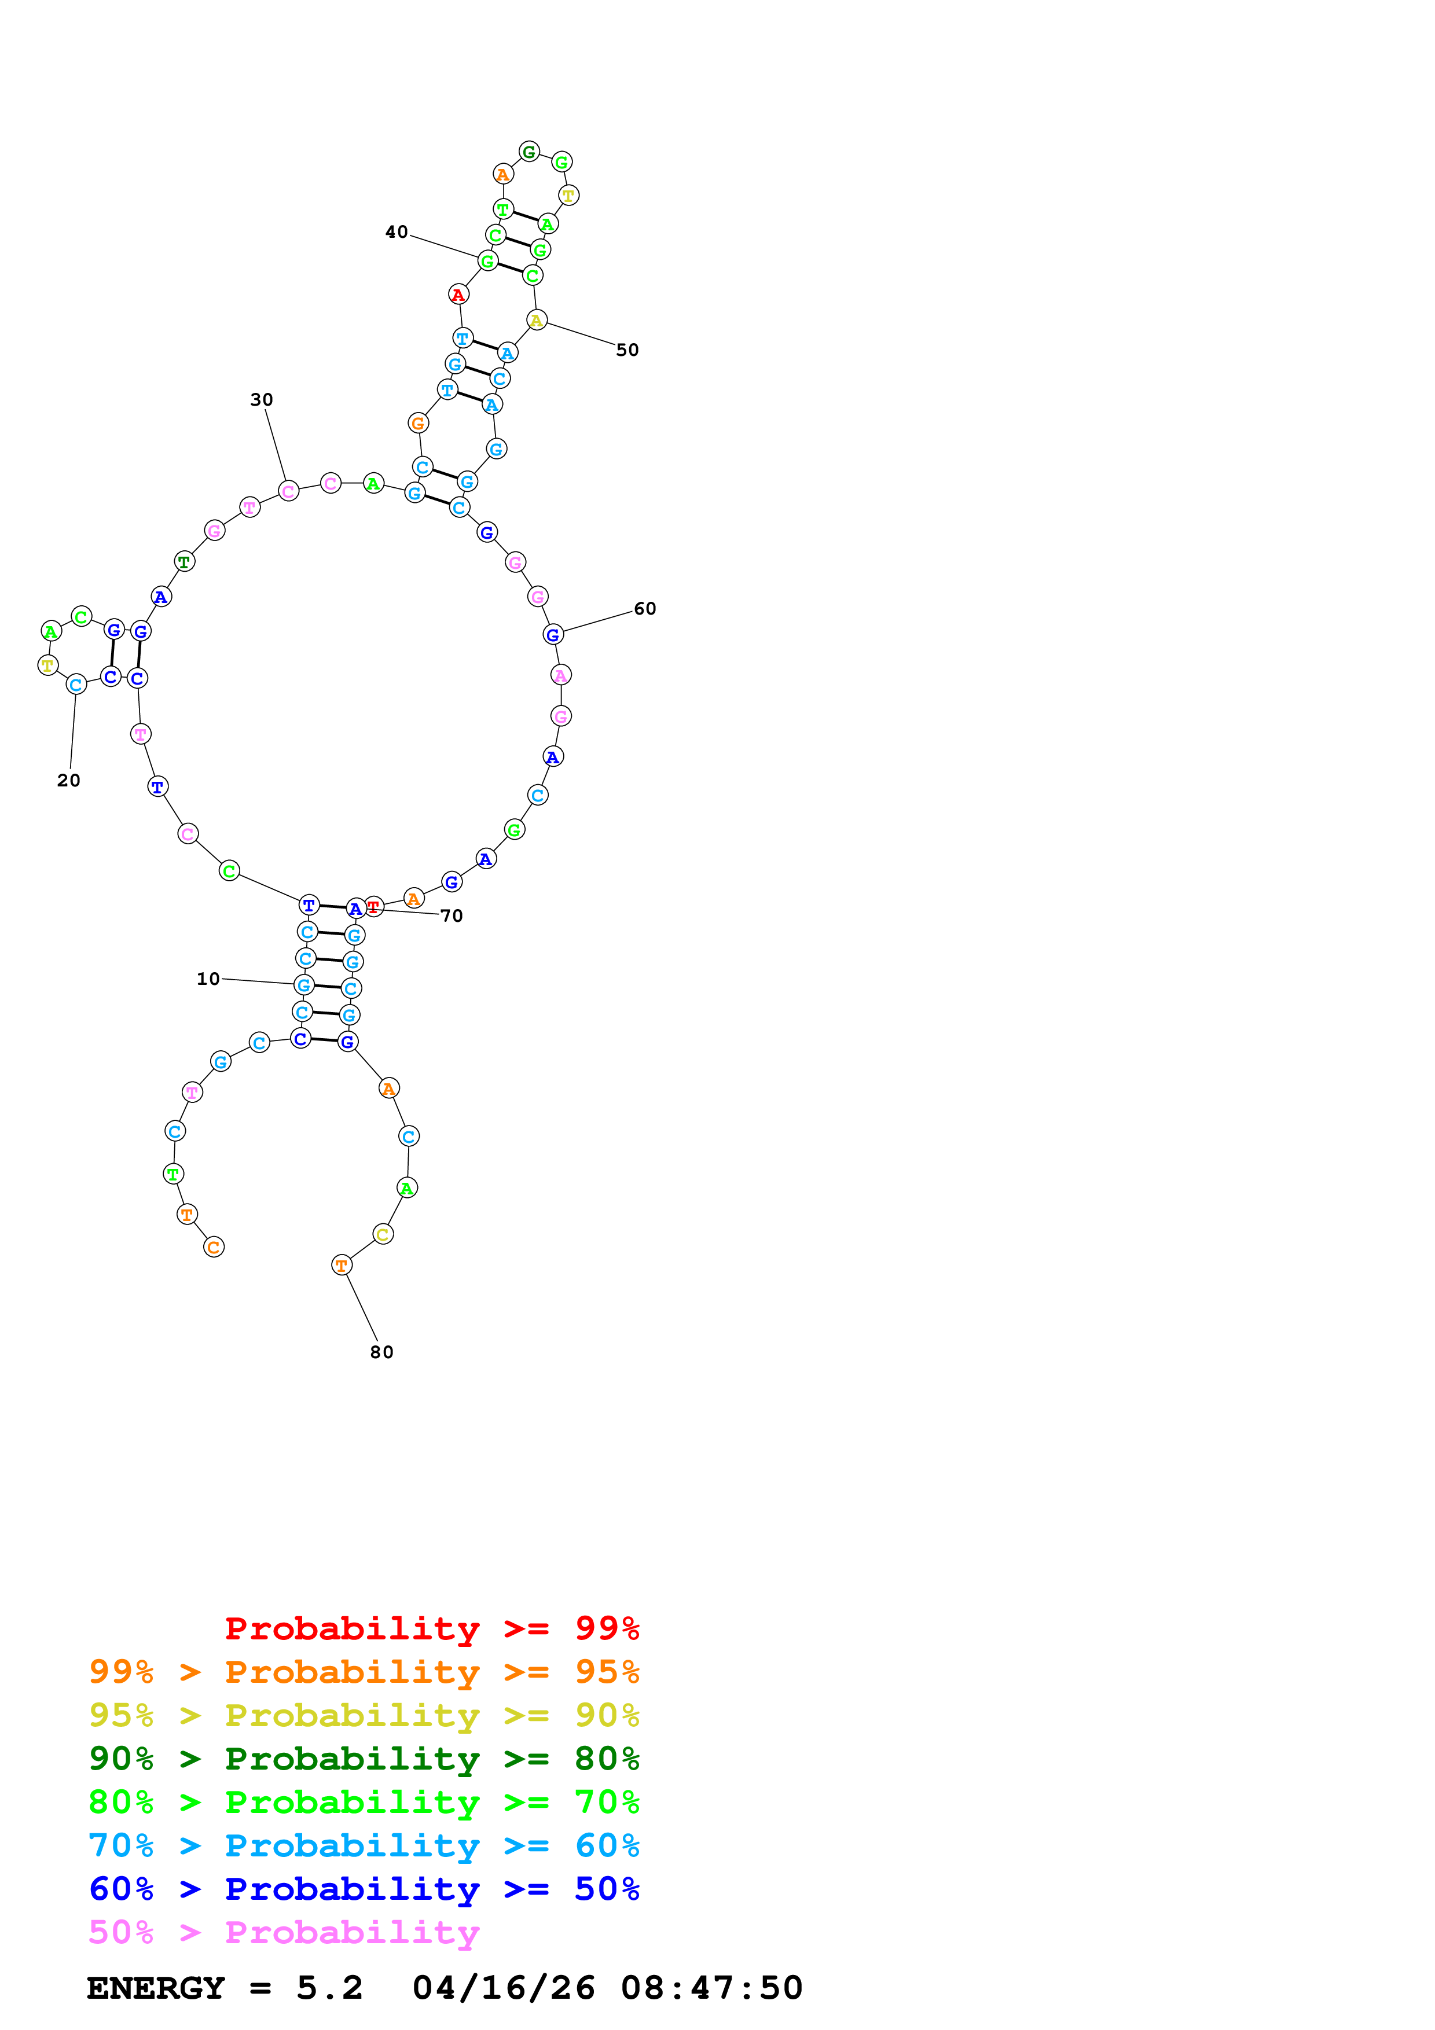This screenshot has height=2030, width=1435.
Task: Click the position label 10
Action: tap(208, 979)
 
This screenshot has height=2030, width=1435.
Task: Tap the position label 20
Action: tap(69, 780)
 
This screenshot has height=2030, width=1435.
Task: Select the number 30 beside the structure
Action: tap(262, 400)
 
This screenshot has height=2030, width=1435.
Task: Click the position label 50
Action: tap(627, 350)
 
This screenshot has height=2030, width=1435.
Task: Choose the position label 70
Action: tap(452, 916)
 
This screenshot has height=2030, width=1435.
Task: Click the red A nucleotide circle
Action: tap(458, 295)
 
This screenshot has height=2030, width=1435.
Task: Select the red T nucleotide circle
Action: tap(374, 906)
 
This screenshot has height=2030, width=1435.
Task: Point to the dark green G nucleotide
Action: tap(529, 151)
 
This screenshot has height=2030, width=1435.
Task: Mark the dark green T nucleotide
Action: tap(184, 561)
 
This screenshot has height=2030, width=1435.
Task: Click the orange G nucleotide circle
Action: tap(418, 424)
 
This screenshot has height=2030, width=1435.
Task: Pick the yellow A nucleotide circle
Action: tap(537, 320)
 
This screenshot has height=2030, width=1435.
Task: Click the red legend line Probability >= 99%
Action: tap(432, 1628)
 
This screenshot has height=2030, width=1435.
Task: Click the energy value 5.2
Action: tap(330, 1988)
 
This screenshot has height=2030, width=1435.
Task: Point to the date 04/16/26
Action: tap(504, 1988)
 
